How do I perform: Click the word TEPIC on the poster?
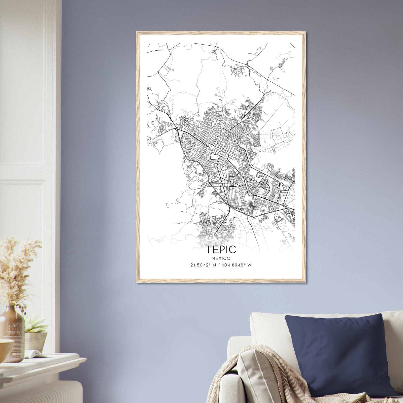221,249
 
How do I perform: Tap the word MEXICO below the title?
221,258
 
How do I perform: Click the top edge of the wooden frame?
221,32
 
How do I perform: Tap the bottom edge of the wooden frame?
221,281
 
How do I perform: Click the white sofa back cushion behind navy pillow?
267,327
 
